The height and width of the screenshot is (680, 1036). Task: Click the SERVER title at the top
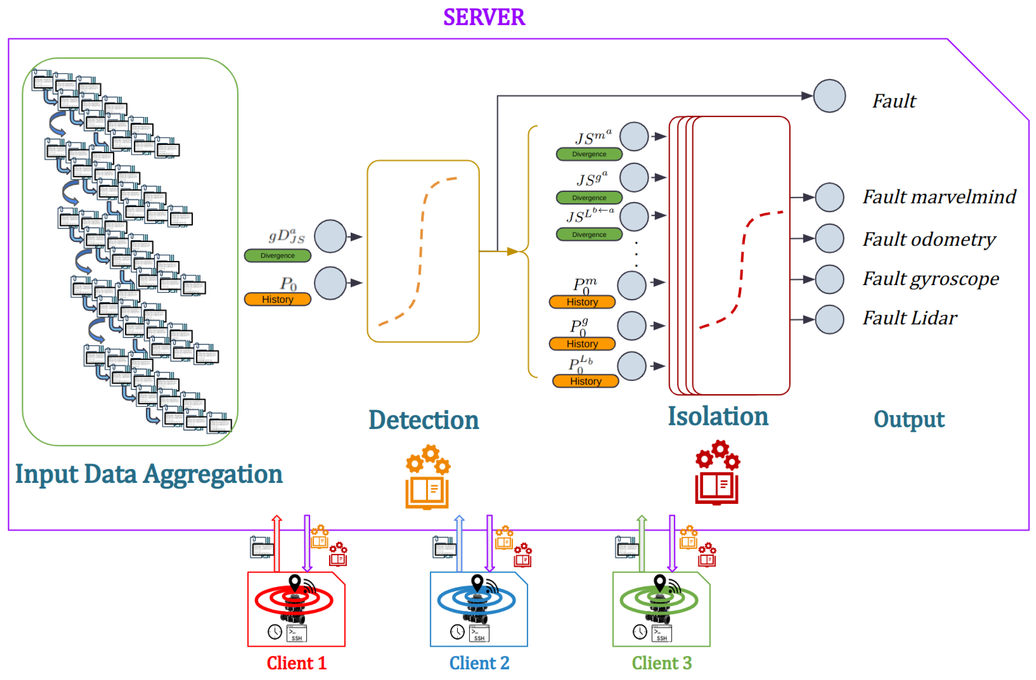pos(484,17)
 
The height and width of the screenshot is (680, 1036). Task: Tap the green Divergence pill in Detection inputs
pos(277,256)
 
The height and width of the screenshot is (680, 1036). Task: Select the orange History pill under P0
pos(277,299)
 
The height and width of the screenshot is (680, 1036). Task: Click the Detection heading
pos(423,420)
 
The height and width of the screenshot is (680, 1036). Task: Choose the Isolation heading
pos(718,416)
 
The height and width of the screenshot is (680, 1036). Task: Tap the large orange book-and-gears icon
pos(427,477)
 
